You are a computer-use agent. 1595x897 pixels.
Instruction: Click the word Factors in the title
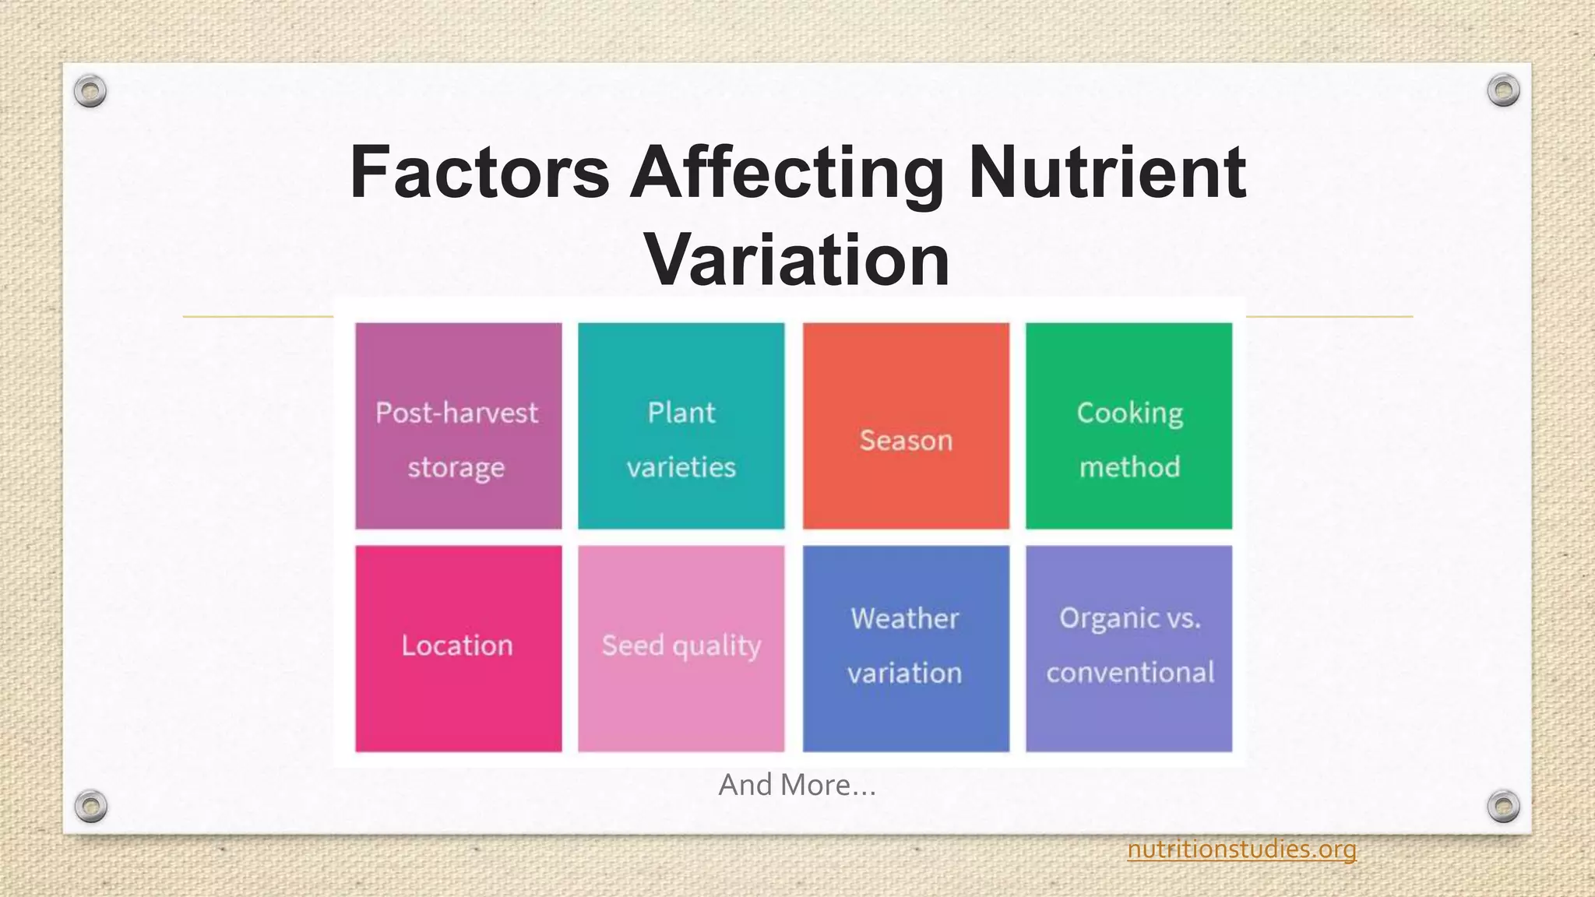click(479, 172)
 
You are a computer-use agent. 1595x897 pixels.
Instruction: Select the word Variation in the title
click(797, 259)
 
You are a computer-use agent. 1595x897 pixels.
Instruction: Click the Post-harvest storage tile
click(458, 426)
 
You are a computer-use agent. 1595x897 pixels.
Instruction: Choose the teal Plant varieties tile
click(681, 426)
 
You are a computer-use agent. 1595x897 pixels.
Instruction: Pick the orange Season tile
click(906, 426)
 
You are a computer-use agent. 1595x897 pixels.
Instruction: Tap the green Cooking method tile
click(1128, 426)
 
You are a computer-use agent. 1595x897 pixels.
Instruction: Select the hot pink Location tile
click(458, 648)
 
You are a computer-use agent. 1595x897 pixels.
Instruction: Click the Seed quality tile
click(681, 648)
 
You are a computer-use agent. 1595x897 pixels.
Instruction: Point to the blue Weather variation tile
click(906, 648)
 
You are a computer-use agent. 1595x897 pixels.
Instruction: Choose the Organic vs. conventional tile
click(1128, 648)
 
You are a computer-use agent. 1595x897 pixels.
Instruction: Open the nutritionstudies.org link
click(1241, 849)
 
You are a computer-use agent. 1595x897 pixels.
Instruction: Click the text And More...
click(797, 785)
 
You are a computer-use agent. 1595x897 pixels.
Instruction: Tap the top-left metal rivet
click(90, 91)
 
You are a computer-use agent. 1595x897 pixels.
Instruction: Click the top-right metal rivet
click(1503, 91)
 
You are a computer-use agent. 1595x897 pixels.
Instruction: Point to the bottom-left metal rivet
click(90, 806)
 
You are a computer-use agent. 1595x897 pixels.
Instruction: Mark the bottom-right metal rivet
click(1503, 806)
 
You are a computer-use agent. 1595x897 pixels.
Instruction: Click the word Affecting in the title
click(787, 172)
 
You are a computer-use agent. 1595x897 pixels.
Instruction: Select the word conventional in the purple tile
click(1130, 673)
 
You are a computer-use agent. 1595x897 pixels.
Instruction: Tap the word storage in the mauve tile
click(456, 468)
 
